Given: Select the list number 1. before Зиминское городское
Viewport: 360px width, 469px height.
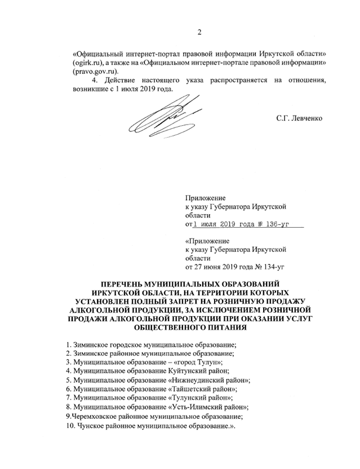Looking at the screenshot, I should (68, 343).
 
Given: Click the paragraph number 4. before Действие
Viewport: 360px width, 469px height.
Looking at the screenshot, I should (94, 81).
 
